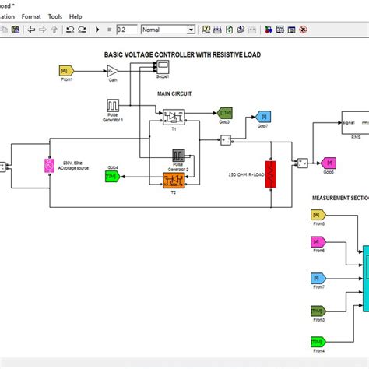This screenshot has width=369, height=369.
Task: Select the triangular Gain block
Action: pos(111,71)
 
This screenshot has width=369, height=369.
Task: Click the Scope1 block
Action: pos(162,69)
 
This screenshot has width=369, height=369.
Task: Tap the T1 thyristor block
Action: pos(173,116)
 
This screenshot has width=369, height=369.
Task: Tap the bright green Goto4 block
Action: pos(113,177)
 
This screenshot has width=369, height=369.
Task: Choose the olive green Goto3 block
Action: pos(223,112)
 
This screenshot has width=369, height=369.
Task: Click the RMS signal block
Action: pos(354,124)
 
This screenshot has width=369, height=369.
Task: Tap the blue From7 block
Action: pos(318,278)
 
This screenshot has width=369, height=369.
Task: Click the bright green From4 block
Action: pos(318,341)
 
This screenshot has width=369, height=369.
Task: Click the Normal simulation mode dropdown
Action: pos(168,30)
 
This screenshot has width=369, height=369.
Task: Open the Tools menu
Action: pos(54,16)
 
